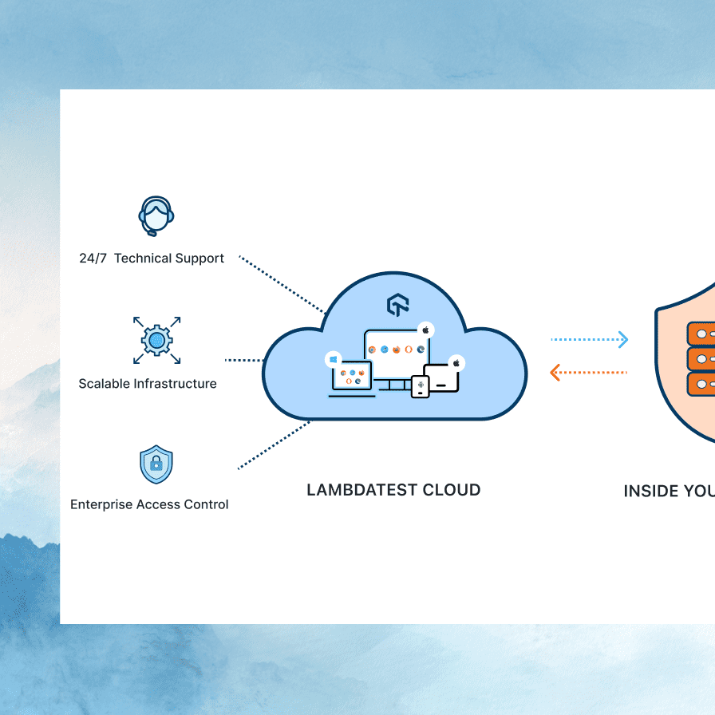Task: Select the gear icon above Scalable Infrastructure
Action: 156,341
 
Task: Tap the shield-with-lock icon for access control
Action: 156,465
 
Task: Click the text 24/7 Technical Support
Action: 152,259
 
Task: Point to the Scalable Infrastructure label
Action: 148,384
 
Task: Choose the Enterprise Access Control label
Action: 149,504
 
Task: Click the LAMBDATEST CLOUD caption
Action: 393,490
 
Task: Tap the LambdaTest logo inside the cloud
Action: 397,306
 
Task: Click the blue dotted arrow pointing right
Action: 590,340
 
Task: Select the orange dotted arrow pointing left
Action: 590,372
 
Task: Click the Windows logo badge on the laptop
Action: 333,360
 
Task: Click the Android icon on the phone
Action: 421,387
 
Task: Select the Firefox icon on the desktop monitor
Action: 396,350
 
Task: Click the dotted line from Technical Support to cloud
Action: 282,285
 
